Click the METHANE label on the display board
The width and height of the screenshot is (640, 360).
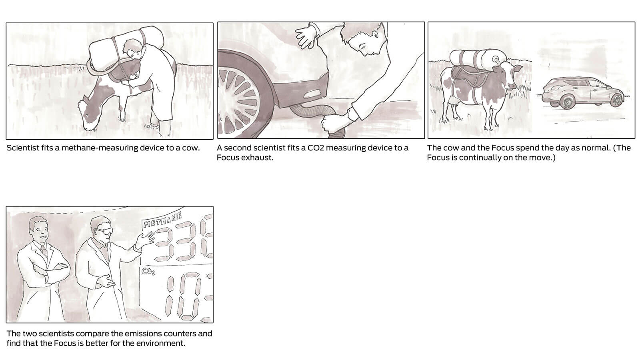(x=162, y=220)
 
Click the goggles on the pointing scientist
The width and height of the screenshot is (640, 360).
(x=104, y=231)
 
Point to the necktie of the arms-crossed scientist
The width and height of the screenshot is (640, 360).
(x=44, y=252)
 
